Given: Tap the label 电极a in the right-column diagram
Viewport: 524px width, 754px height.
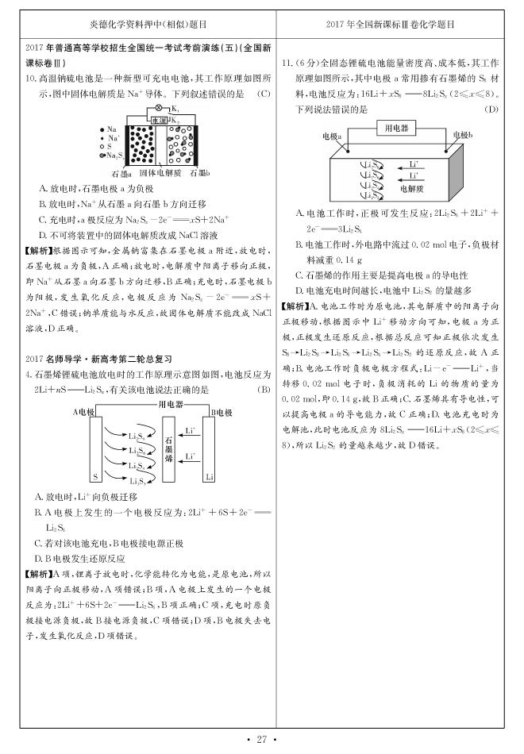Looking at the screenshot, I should [x=332, y=137].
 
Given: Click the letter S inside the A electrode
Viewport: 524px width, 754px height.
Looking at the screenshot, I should [x=95, y=476].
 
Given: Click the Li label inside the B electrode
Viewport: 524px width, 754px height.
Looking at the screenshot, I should [x=210, y=476].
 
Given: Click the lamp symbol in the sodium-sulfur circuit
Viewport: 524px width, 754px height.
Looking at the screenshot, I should [x=157, y=108].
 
